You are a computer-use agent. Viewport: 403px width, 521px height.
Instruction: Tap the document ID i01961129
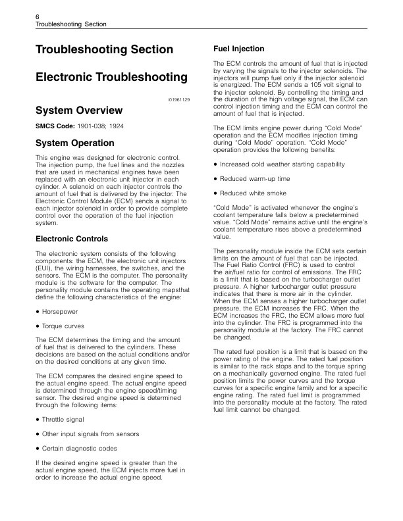(178, 99)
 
